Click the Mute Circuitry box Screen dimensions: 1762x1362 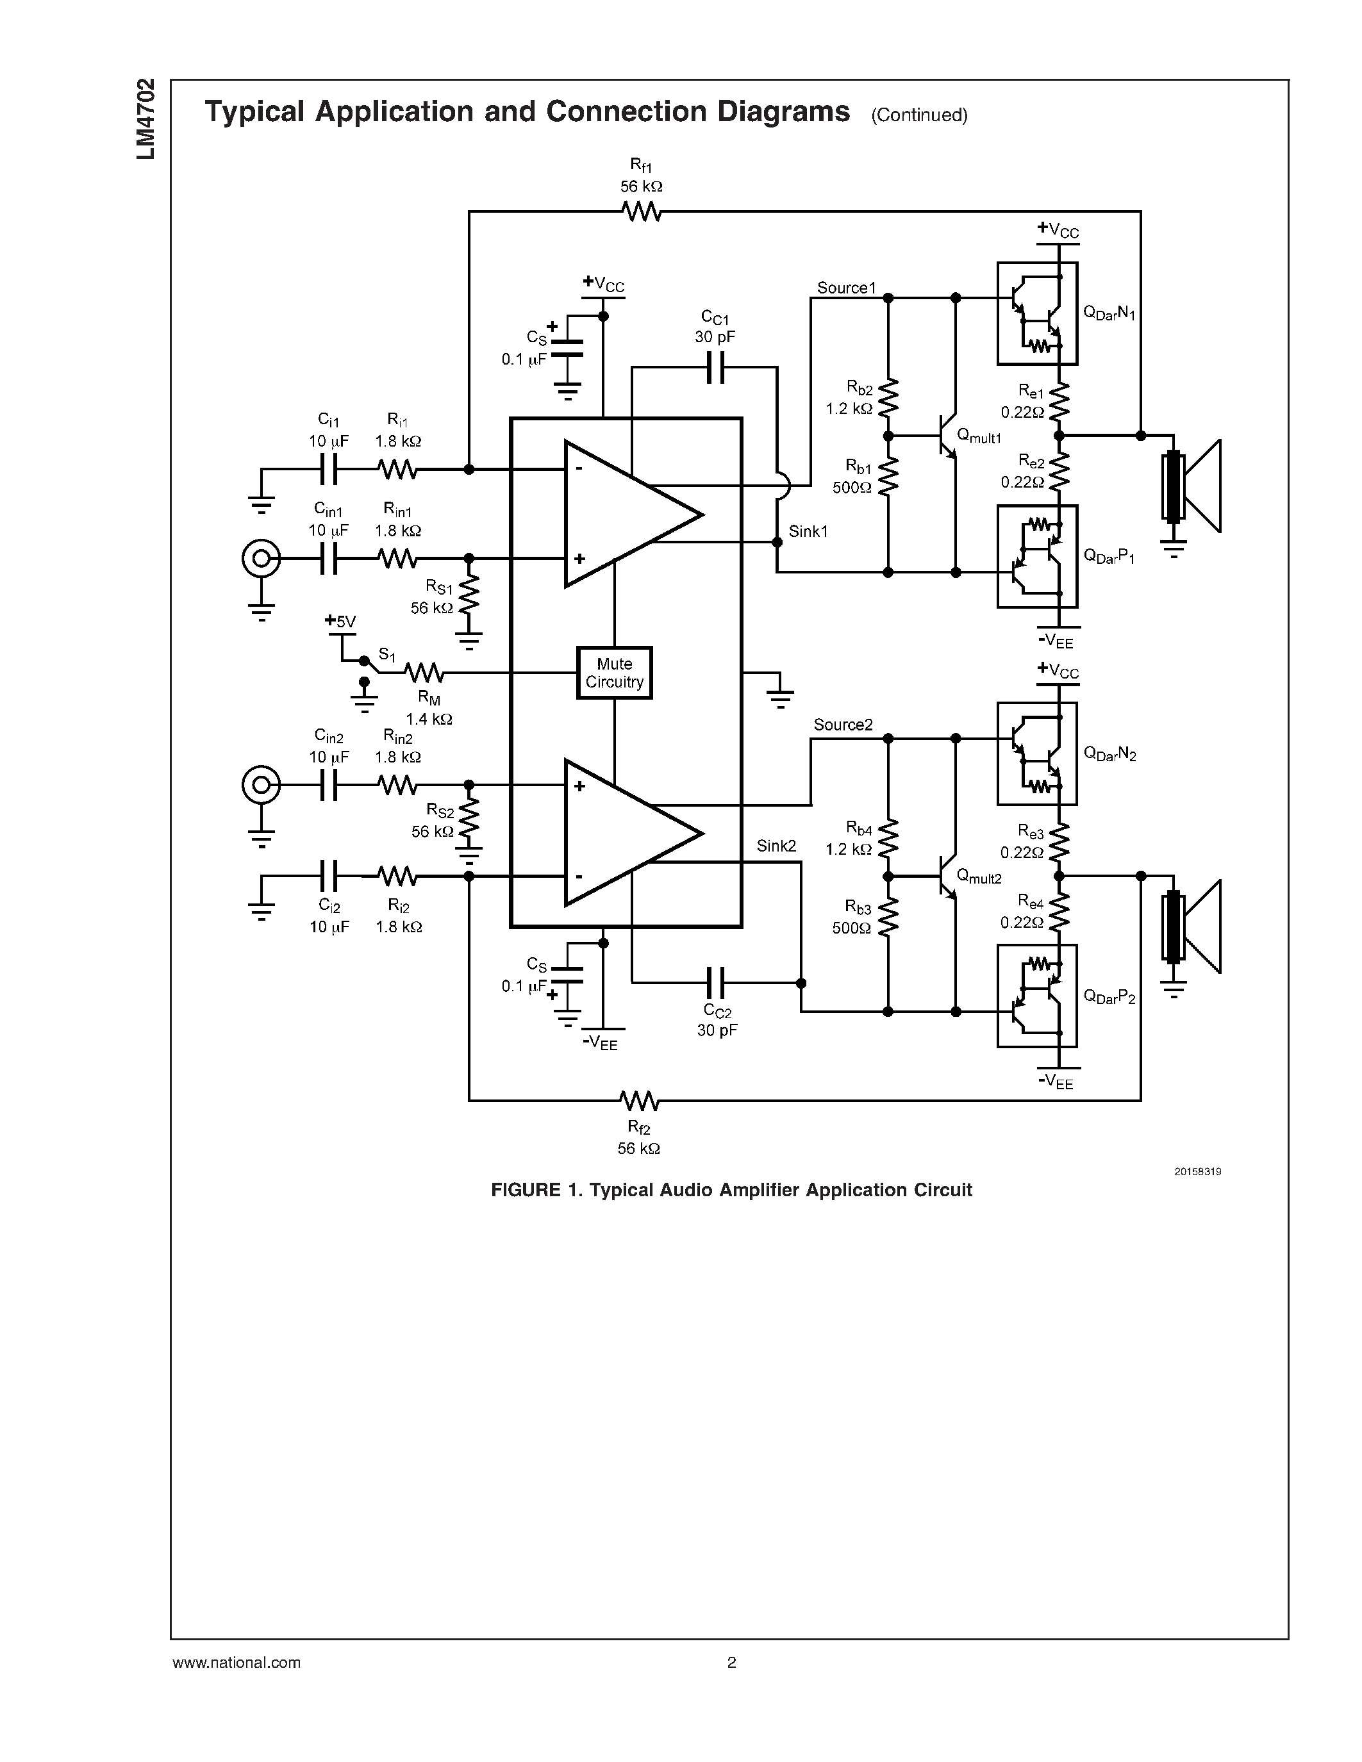click(x=614, y=672)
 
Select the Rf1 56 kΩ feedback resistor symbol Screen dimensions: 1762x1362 click(x=642, y=212)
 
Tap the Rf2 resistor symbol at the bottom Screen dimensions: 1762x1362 click(x=639, y=1100)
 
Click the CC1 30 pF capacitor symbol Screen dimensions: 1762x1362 click(x=715, y=368)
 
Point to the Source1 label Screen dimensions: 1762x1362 click(x=845, y=288)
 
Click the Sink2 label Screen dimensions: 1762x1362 click(x=776, y=846)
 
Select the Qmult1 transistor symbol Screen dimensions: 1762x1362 click(x=948, y=436)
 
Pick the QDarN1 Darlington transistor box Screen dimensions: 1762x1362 click(x=1037, y=313)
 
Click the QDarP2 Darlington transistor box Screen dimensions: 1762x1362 click(x=1037, y=996)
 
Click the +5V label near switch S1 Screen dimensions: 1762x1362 click(x=340, y=622)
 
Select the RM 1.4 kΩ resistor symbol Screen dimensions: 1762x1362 click(x=423, y=672)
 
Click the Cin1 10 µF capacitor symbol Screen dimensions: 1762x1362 click(x=328, y=558)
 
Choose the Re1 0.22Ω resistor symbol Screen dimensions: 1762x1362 click(x=1059, y=401)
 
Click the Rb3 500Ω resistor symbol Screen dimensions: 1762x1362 click(x=888, y=918)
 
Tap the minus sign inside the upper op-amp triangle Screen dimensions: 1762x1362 click(x=579, y=470)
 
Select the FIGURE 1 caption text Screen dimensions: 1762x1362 click(x=731, y=1190)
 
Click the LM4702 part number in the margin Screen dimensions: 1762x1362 click(x=146, y=119)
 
